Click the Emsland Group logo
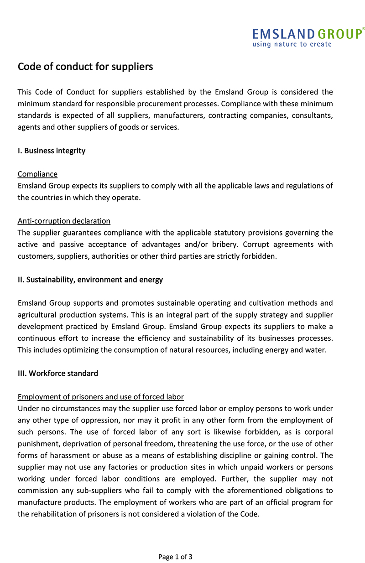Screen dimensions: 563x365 coord(308,34)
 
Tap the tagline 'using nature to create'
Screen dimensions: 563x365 coord(292,44)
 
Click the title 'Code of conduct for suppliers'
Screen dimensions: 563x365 coord(85,67)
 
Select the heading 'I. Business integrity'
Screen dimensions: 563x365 coord(52,151)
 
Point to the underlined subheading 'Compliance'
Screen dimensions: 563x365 coord(37,174)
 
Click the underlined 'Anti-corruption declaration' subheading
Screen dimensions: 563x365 coord(64,221)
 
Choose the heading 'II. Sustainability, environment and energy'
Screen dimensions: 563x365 coord(90,280)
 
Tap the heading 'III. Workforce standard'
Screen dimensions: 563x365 coord(58,373)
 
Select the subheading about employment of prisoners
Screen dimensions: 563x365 coord(100,396)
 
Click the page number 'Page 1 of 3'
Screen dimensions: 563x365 coord(175,557)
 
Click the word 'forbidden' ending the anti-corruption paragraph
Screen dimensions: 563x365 coord(260,256)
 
